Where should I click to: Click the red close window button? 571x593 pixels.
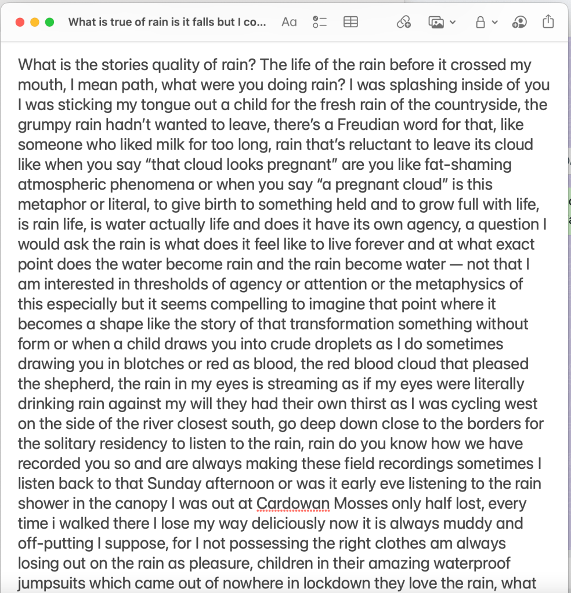pyautogui.click(x=20, y=22)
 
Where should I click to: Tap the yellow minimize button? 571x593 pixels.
pyautogui.click(x=35, y=22)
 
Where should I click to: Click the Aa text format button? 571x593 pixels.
pyautogui.click(x=289, y=22)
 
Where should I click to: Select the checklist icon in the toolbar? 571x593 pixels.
pyautogui.click(x=320, y=22)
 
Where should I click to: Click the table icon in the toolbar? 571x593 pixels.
pyautogui.click(x=350, y=22)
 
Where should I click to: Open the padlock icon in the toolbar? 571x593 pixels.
pyautogui.click(x=480, y=22)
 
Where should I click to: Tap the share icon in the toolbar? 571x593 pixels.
pyautogui.click(x=548, y=22)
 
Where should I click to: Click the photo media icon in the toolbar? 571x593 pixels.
pyautogui.click(x=436, y=22)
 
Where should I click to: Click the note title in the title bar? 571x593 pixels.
pyautogui.click(x=167, y=22)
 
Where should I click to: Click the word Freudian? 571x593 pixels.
pyautogui.click(x=374, y=125)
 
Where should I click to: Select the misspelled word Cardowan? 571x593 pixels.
pyautogui.click(x=293, y=503)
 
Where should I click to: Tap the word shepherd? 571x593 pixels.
pyautogui.click(x=79, y=384)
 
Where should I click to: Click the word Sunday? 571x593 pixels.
pyautogui.click(x=178, y=483)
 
